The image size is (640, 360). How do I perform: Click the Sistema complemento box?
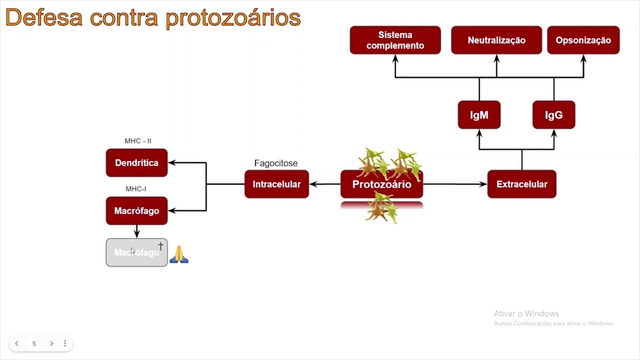(x=395, y=40)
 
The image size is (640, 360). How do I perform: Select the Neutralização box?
(x=496, y=40)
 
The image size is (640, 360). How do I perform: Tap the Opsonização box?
(x=583, y=40)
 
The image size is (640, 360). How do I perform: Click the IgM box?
(x=479, y=115)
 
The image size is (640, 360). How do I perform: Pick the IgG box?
(x=553, y=115)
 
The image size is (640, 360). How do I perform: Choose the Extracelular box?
(x=521, y=184)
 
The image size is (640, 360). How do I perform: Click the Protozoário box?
(x=381, y=184)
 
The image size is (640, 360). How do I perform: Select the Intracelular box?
(x=276, y=184)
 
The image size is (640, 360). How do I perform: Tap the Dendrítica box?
(x=136, y=163)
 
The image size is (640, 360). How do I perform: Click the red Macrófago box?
(x=136, y=211)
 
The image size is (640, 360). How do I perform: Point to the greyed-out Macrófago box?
(x=136, y=252)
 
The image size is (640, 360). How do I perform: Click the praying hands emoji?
(x=179, y=254)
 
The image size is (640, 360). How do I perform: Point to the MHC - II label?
(x=138, y=141)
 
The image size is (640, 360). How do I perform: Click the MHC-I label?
(x=136, y=189)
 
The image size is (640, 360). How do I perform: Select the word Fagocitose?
(x=276, y=163)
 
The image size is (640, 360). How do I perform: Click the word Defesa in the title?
(x=44, y=18)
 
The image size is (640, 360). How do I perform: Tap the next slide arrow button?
(x=51, y=343)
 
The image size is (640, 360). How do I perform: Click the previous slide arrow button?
(x=17, y=343)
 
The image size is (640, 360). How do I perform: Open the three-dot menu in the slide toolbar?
(x=65, y=343)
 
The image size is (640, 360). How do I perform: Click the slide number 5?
(x=34, y=343)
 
